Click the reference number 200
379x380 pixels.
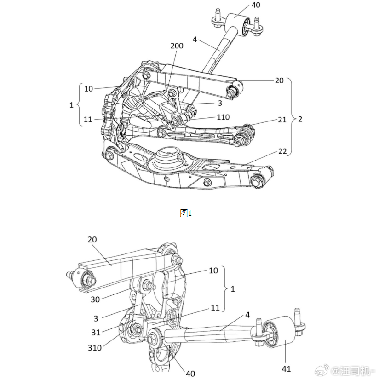coord(177,46)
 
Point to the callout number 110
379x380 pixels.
coord(223,117)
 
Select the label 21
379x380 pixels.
coord(282,120)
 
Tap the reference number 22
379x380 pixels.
coord(282,151)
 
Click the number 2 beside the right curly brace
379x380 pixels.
coord(300,119)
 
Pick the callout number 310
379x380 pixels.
coord(95,348)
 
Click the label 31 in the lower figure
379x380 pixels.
coord(96,332)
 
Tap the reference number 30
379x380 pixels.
coord(95,299)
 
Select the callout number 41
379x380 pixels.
coord(286,369)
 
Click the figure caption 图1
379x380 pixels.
coord(186,213)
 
